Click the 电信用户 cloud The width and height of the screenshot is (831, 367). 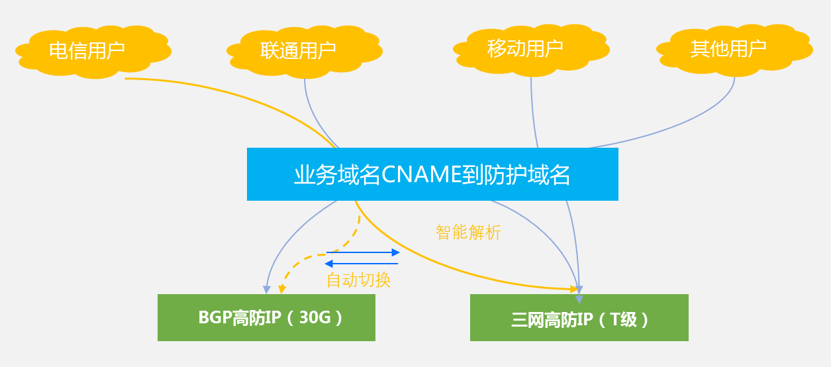click(x=87, y=50)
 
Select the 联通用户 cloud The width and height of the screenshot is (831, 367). click(x=298, y=50)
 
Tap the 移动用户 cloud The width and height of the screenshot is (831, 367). click(x=525, y=48)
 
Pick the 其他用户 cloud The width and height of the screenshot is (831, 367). click(x=728, y=48)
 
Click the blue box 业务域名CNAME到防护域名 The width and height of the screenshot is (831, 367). click(x=432, y=174)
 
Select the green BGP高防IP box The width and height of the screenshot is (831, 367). click(x=266, y=317)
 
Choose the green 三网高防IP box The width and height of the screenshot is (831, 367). click(x=579, y=317)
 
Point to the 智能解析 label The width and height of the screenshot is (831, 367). click(x=468, y=233)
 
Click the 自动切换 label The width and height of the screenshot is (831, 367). click(x=358, y=280)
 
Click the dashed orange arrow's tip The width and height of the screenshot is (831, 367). click(x=282, y=289)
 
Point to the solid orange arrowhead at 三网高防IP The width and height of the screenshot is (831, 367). click(x=573, y=288)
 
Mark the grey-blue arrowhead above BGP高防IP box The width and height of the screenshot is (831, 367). click(x=266, y=289)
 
